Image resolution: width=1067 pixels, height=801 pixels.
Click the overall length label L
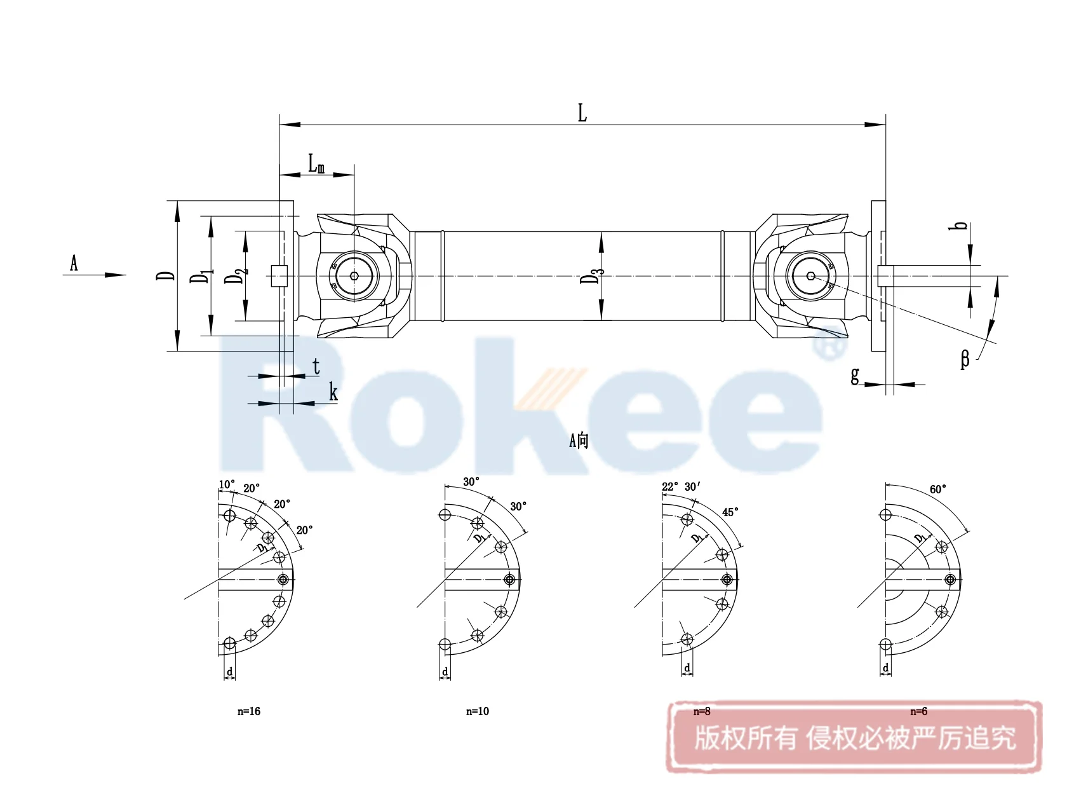[x=582, y=113]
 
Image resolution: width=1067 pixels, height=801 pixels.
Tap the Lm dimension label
[x=316, y=164]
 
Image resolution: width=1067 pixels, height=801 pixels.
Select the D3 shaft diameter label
[x=591, y=275]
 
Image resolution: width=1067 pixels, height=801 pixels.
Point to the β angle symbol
[x=965, y=360]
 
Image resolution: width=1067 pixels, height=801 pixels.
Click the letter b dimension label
[x=962, y=226]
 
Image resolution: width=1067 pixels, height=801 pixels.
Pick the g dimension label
[x=855, y=375]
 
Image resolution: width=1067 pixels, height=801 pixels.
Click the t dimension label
[x=316, y=366]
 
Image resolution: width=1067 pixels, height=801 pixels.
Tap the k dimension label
[x=333, y=393]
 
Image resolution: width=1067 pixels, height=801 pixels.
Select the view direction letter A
[x=74, y=263]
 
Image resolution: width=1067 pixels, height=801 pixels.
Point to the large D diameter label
[x=166, y=275]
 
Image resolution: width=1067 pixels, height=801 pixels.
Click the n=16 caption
[x=249, y=711]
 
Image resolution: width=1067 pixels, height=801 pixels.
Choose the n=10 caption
[x=478, y=711]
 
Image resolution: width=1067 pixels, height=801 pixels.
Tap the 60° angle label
[x=937, y=489]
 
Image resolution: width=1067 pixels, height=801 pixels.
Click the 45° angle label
[x=730, y=512]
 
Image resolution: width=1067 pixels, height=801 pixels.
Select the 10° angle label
[x=227, y=485]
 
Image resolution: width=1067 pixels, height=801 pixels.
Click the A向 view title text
[x=579, y=440]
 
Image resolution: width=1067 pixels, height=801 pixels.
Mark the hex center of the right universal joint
[x=811, y=276]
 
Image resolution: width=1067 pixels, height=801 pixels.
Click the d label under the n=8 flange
[x=687, y=668]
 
